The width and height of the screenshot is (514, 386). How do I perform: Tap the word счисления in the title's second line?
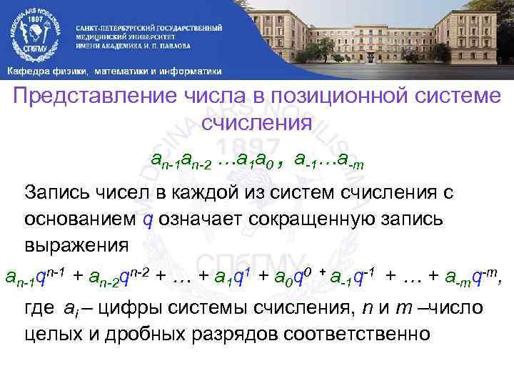point(257,122)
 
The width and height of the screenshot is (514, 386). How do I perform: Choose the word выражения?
point(76,245)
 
